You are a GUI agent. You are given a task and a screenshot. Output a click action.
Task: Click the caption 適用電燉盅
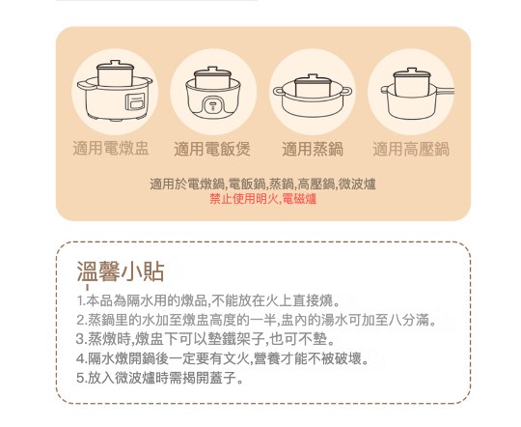tap(111, 148)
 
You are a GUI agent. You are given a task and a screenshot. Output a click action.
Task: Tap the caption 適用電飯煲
tap(212, 149)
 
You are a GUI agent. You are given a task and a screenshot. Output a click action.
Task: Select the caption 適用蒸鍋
tap(313, 149)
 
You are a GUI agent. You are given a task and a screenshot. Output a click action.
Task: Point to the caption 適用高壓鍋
tap(411, 149)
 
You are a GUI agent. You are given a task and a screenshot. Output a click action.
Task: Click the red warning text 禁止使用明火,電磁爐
tap(262, 199)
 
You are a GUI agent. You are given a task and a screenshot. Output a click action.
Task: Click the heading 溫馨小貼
tap(121, 271)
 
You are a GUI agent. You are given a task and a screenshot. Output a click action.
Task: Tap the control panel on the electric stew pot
tap(135, 101)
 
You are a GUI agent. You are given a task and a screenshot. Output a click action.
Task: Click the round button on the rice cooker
tap(213, 106)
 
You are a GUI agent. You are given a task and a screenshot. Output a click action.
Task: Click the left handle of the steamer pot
tap(279, 91)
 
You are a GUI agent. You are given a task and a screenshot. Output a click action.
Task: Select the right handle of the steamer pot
tap(346, 91)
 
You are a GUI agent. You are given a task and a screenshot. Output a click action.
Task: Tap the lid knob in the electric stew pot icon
tap(116, 63)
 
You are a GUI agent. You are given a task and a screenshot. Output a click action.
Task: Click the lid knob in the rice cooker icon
tap(212, 70)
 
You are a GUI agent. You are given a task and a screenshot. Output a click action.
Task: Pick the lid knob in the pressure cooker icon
tap(412, 71)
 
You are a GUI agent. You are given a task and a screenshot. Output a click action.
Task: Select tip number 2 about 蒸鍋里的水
tap(257, 320)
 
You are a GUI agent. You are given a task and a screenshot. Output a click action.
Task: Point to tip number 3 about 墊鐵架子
tap(206, 339)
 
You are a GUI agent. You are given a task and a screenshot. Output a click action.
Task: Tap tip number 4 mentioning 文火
tap(223, 358)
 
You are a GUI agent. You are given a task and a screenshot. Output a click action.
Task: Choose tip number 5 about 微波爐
tap(160, 378)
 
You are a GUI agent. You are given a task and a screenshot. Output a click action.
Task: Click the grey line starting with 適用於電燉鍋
tap(262, 185)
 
